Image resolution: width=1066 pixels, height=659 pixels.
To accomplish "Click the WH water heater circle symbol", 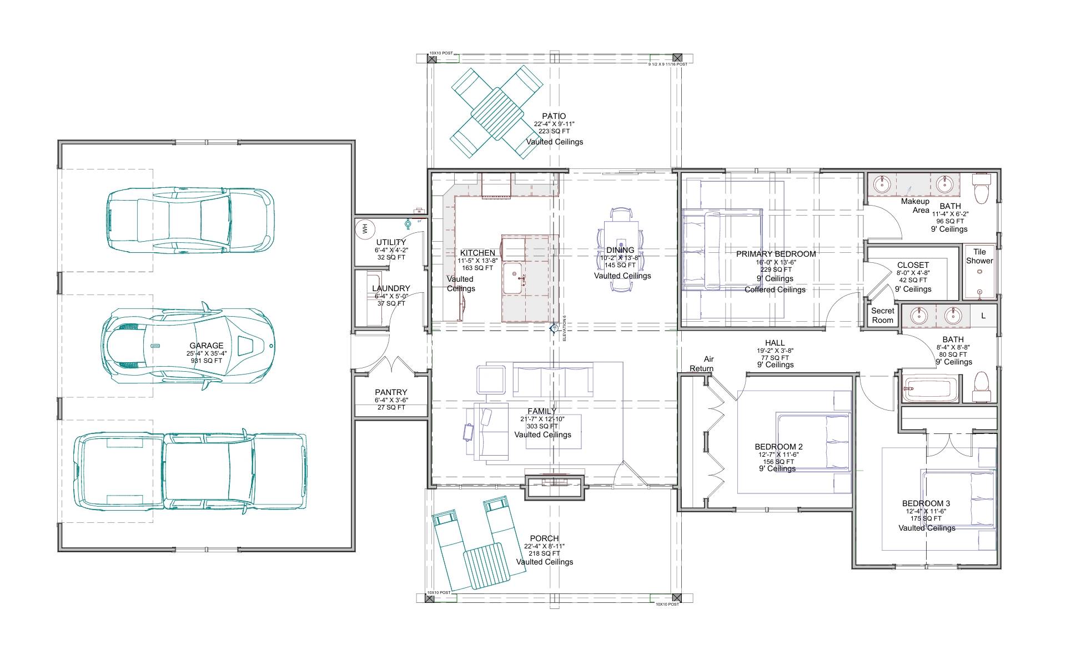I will [x=365, y=228].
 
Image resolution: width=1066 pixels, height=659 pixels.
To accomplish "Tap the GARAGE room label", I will [x=206, y=346].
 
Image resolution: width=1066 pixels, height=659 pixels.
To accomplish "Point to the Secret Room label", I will [x=882, y=316].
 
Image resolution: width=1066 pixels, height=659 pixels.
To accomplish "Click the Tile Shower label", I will [x=979, y=256].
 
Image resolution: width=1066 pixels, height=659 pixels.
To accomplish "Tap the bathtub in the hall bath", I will [x=929, y=390].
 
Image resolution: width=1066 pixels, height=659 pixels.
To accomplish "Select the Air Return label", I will [x=702, y=364].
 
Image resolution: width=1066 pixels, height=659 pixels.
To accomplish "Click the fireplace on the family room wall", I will [x=555, y=487].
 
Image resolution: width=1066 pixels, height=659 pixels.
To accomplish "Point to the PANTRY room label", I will [x=391, y=392].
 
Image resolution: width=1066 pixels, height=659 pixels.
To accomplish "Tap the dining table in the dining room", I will [x=621, y=250].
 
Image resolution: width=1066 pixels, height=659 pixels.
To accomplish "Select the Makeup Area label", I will [x=915, y=206].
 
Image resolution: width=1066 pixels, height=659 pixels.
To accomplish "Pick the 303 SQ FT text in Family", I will [x=542, y=426].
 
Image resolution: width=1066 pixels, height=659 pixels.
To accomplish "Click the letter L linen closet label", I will [x=983, y=316].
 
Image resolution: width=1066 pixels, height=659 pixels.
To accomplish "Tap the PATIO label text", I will [x=554, y=116].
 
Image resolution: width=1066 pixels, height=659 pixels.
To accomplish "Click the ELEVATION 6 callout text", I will [x=564, y=328].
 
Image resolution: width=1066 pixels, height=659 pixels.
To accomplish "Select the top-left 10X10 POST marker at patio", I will [x=433, y=57].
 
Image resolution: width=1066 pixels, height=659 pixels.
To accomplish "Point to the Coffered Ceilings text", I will [x=775, y=289].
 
